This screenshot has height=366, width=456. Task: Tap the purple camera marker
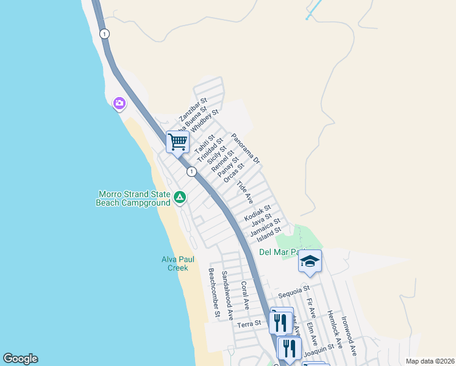[x=119, y=104]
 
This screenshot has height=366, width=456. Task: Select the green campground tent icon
[x=180, y=197]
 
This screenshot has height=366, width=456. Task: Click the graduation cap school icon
[x=310, y=262]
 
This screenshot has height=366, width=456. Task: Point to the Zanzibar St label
[x=193, y=109]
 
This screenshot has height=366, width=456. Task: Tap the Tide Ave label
[x=244, y=192]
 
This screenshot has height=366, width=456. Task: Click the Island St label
[x=269, y=233]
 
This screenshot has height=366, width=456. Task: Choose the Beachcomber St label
[x=214, y=292]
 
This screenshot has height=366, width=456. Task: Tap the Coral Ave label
[x=245, y=293]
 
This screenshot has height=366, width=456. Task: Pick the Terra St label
[x=249, y=323]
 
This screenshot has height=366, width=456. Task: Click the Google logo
[x=20, y=359]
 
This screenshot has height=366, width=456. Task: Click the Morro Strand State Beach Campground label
[x=134, y=199]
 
